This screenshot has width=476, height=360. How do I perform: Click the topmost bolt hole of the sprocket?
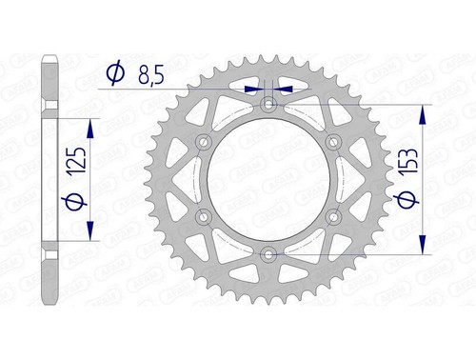coord(268,103)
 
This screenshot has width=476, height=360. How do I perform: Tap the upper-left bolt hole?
coord(203,141)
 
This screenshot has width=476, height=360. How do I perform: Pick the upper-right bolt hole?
coord(333,141)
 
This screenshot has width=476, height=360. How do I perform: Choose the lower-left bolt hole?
coord(203,216)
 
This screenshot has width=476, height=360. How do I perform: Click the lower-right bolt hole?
coord(333,216)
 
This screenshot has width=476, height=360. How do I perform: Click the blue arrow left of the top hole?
coord(254,88)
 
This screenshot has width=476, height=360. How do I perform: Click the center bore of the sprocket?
coord(268,179)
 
